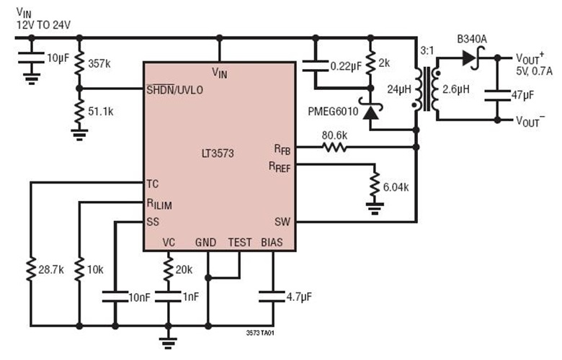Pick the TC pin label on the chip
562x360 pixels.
[152, 184]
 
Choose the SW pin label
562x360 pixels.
[282, 221]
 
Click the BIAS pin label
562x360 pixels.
[272, 242]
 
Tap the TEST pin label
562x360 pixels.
[240, 242]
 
